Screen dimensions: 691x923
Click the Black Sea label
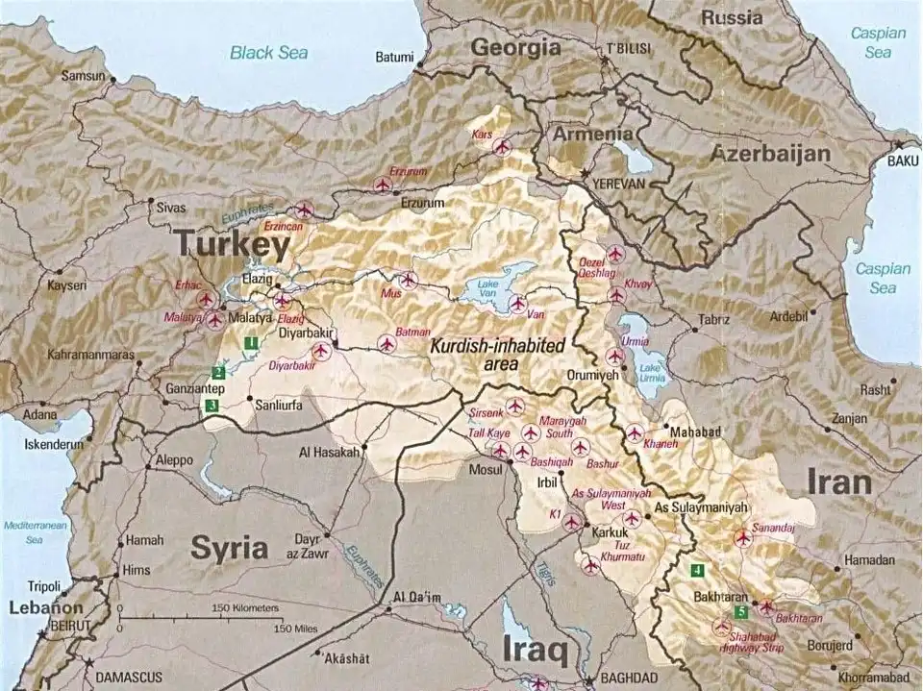[268, 52]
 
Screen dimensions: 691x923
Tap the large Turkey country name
[232, 246]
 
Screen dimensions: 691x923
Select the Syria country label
[229, 548]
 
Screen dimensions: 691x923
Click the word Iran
[839, 481]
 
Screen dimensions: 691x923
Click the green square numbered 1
[250, 341]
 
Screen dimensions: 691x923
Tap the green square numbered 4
[695, 569]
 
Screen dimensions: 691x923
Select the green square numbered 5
[740, 611]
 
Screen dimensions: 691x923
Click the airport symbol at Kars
[501, 147]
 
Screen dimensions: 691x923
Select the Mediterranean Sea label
[35, 532]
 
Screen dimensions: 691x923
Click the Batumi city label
[394, 57]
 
